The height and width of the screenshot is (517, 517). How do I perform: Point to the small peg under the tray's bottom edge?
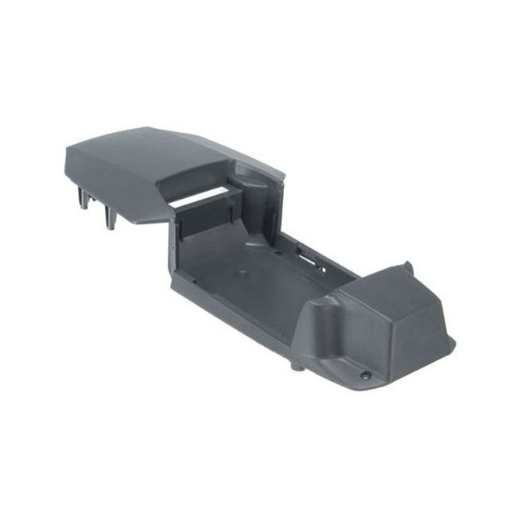297,366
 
